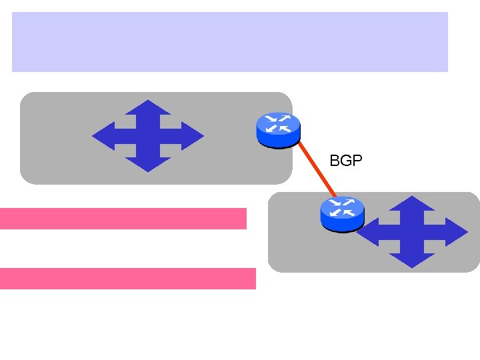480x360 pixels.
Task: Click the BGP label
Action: [x=346, y=161]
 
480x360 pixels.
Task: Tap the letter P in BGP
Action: [x=357, y=161]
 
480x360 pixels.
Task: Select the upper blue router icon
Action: [x=277, y=129]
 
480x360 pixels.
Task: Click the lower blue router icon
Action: [x=342, y=214]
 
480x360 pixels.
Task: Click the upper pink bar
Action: [x=123, y=218]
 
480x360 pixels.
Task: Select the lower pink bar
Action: [x=127, y=278]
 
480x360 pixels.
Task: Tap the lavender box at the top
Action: [x=230, y=41]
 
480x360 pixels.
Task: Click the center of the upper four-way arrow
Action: [x=148, y=136]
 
